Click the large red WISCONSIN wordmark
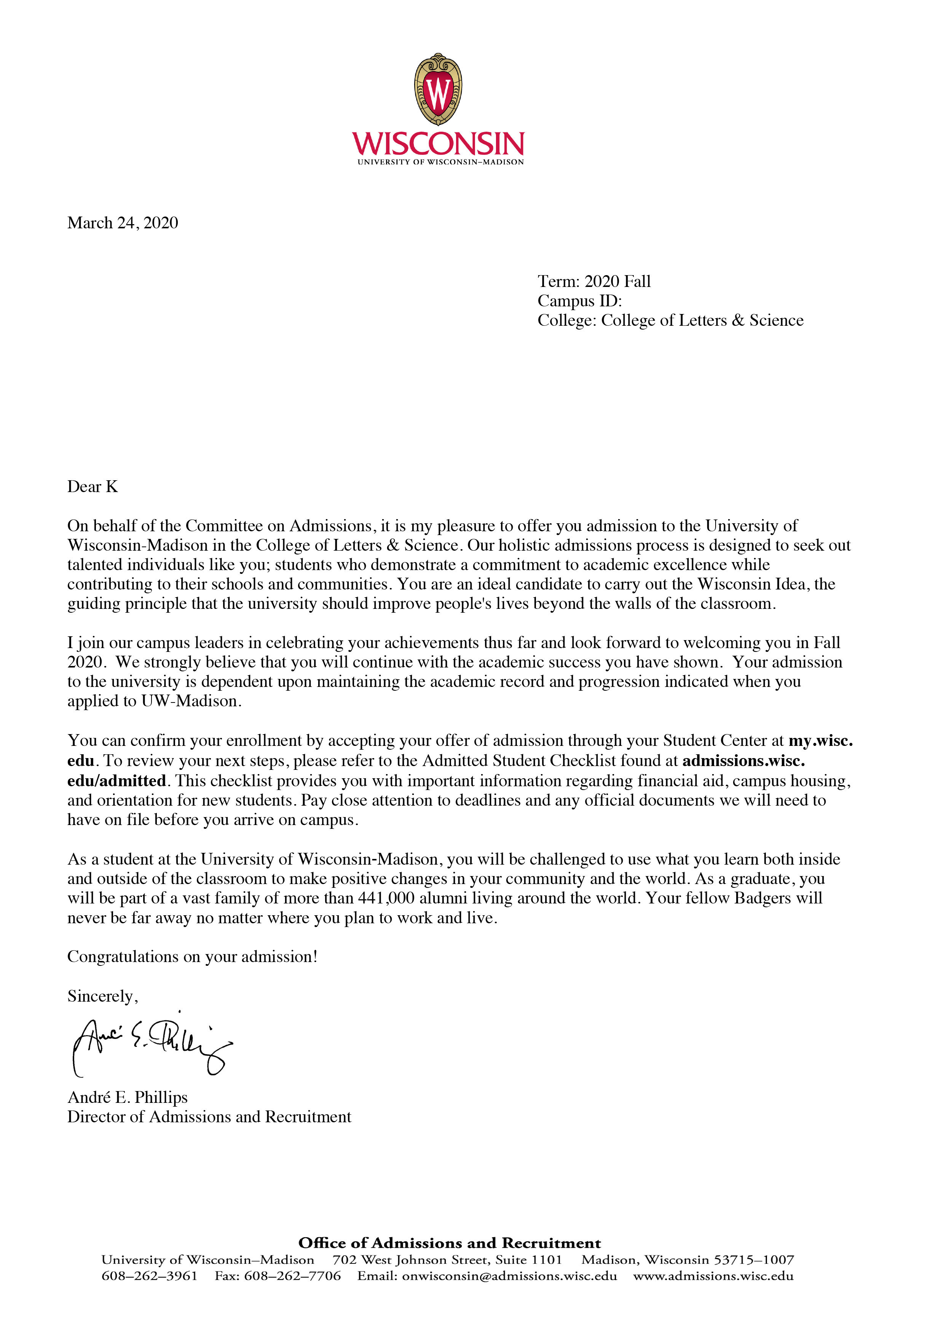pyautogui.click(x=438, y=143)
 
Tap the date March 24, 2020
pyautogui.click(x=123, y=223)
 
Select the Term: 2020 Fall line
pyautogui.click(x=594, y=281)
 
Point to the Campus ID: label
pyautogui.click(x=579, y=301)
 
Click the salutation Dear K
pyautogui.click(x=92, y=487)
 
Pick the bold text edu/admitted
pyautogui.click(x=117, y=780)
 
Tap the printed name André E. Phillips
pyautogui.click(x=128, y=1097)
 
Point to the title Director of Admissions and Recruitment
pyautogui.click(x=209, y=1117)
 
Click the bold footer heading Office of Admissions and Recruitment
pyautogui.click(x=450, y=1243)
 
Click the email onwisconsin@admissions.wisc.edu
pyautogui.click(x=509, y=1276)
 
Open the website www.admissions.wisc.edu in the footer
pyautogui.click(x=713, y=1276)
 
